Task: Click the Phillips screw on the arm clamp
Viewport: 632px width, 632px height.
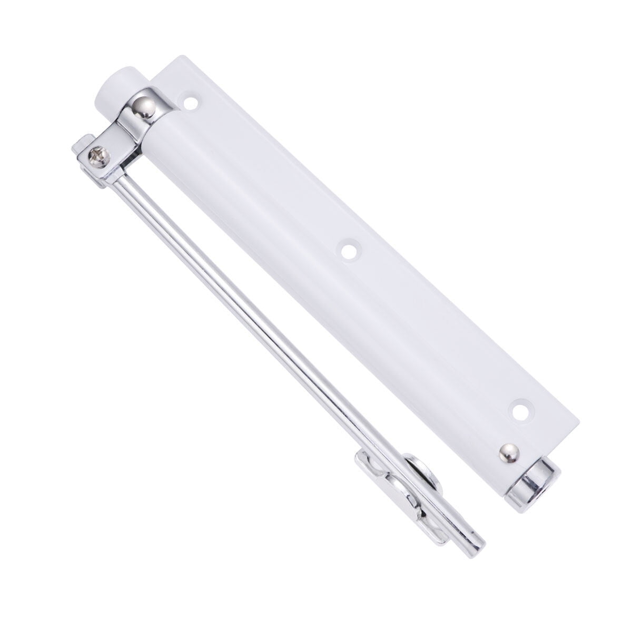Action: pyautogui.click(x=98, y=154)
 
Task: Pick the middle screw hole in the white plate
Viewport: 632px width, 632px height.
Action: pyautogui.click(x=347, y=251)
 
